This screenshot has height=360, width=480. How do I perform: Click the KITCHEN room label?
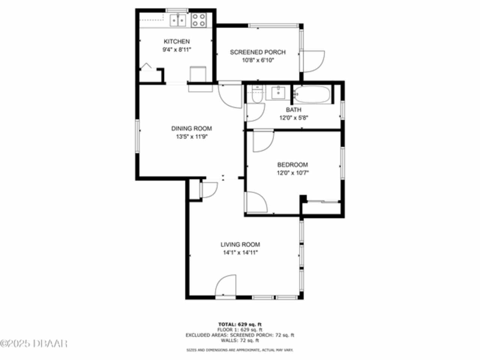pos(177,41)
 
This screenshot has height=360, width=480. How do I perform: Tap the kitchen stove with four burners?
pos(199,20)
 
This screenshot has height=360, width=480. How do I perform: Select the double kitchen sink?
pos(178,20)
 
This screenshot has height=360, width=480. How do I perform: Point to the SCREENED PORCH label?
pos(258,52)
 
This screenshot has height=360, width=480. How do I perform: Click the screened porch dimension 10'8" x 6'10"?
pos(258,60)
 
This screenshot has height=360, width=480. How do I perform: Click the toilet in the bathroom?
pos(257,94)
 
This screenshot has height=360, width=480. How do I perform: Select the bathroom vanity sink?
pos(278,93)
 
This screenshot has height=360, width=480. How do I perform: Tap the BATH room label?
pos(294,110)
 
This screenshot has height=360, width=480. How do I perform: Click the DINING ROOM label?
pos(192,129)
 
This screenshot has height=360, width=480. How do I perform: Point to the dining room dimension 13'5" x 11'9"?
pos(192,137)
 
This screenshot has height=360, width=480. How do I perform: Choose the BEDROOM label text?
pos(292,165)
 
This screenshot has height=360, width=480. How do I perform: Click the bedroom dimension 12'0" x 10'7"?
pos(293,173)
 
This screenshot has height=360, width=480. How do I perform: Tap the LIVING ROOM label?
pos(240,244)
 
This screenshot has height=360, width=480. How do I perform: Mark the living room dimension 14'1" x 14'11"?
pos(240,253)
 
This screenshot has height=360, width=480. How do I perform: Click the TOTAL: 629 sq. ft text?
pos(240,324)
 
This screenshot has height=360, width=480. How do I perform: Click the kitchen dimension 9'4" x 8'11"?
pos(177,49)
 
